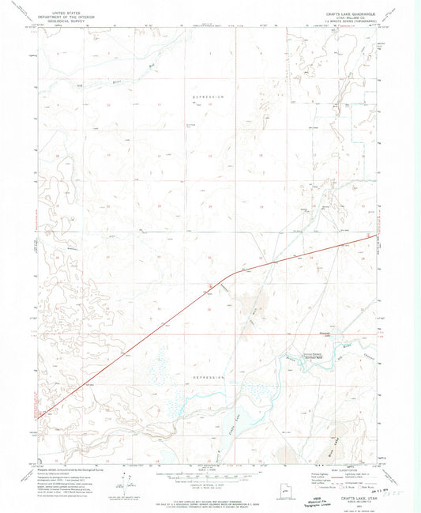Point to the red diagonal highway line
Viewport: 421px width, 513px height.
[142, 336]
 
